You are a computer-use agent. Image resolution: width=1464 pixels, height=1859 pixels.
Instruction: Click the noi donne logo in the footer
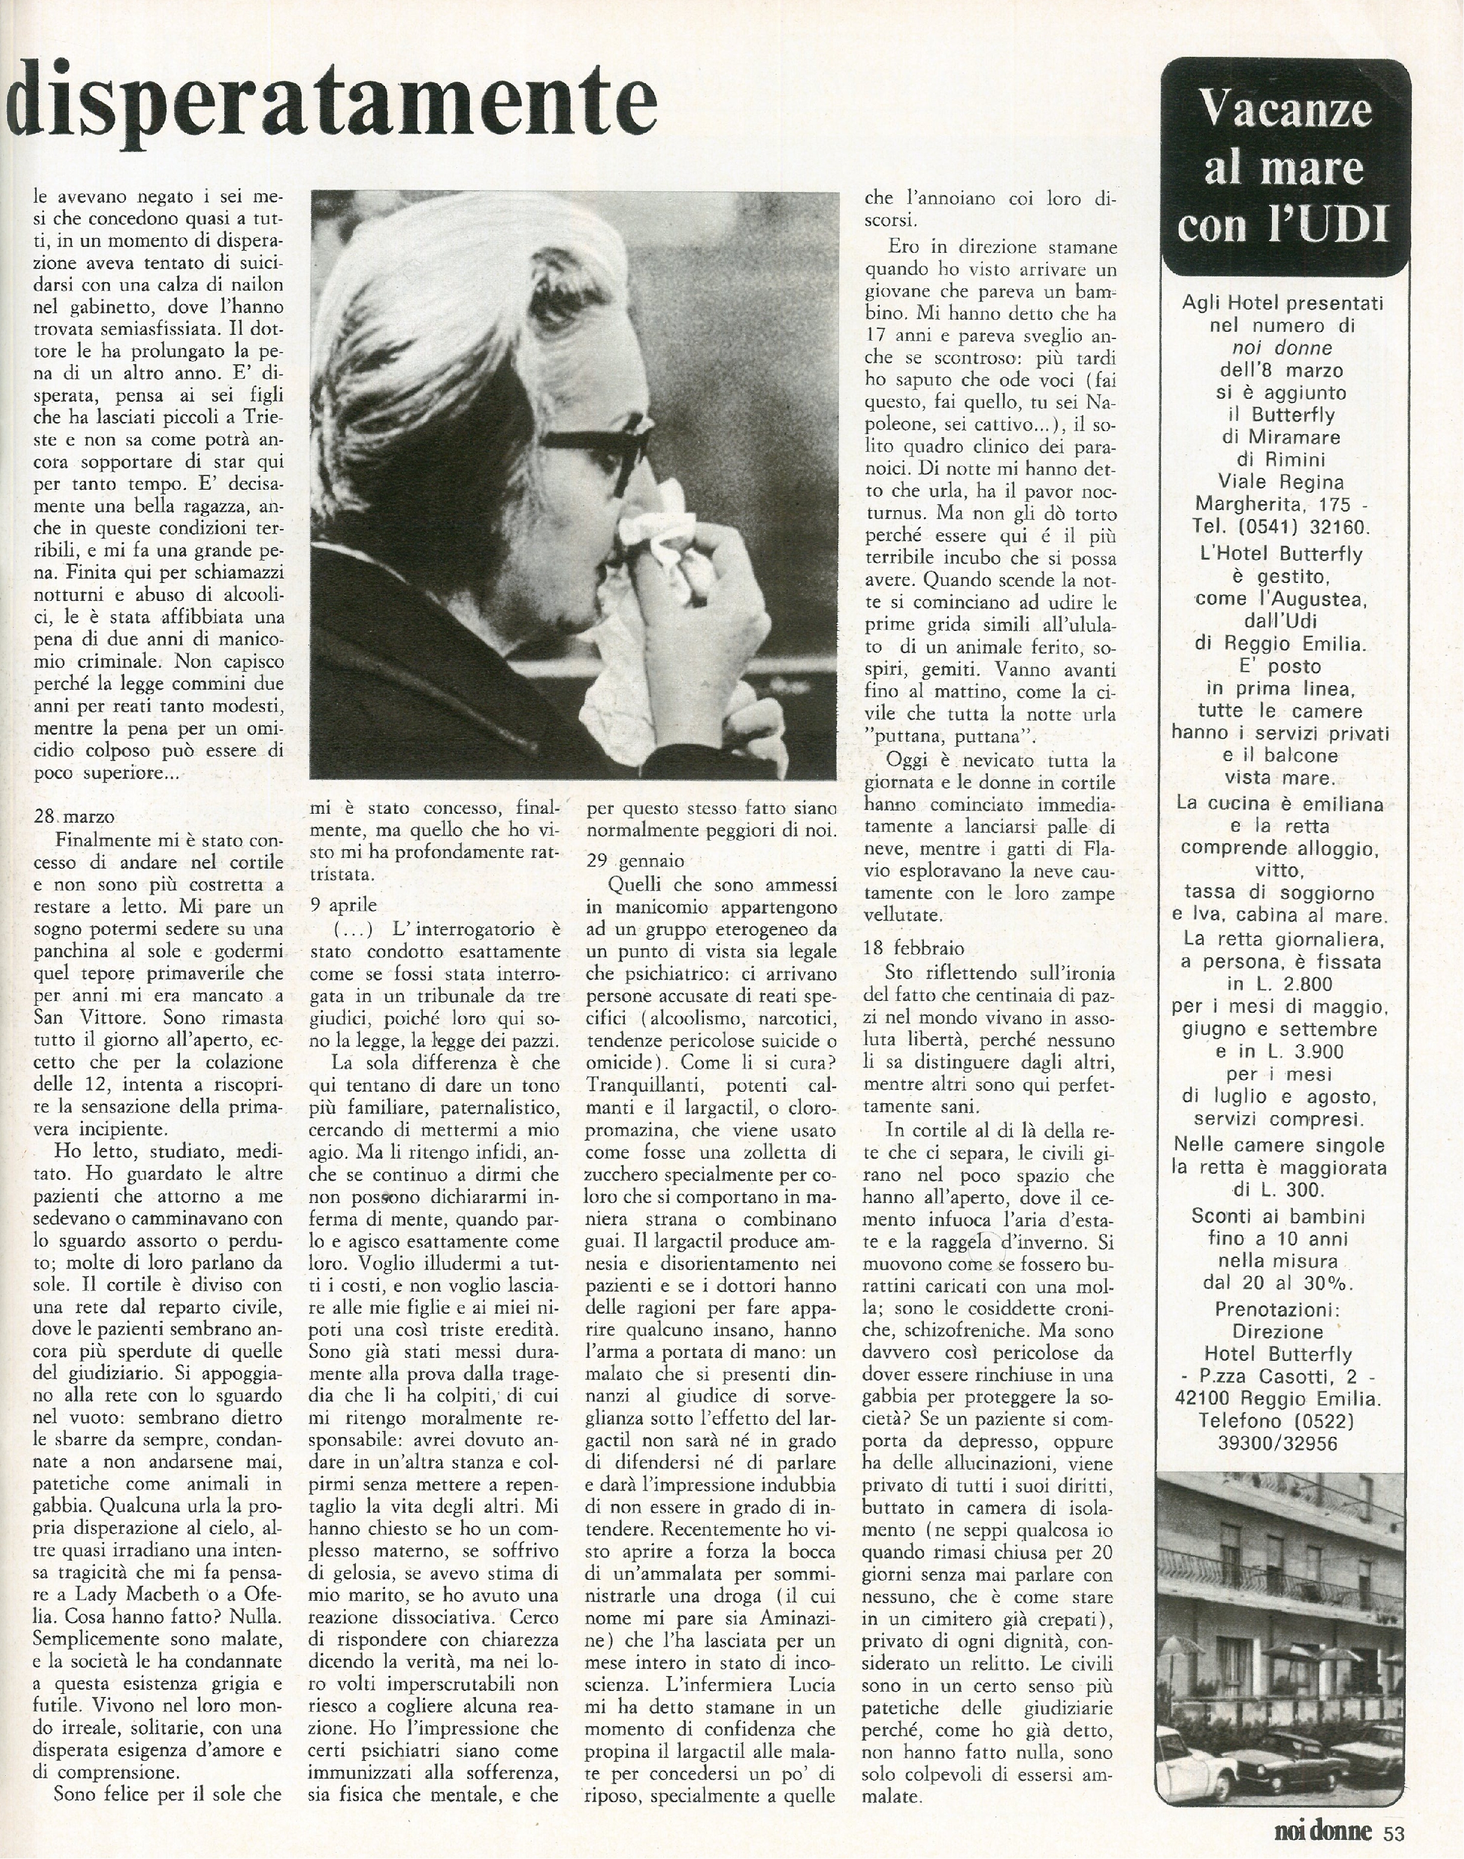(1323, 1827)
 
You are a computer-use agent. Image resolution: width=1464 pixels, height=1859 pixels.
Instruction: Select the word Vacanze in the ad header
(1285, 109)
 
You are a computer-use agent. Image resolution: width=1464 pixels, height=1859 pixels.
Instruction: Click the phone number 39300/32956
(1283, 1442)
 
